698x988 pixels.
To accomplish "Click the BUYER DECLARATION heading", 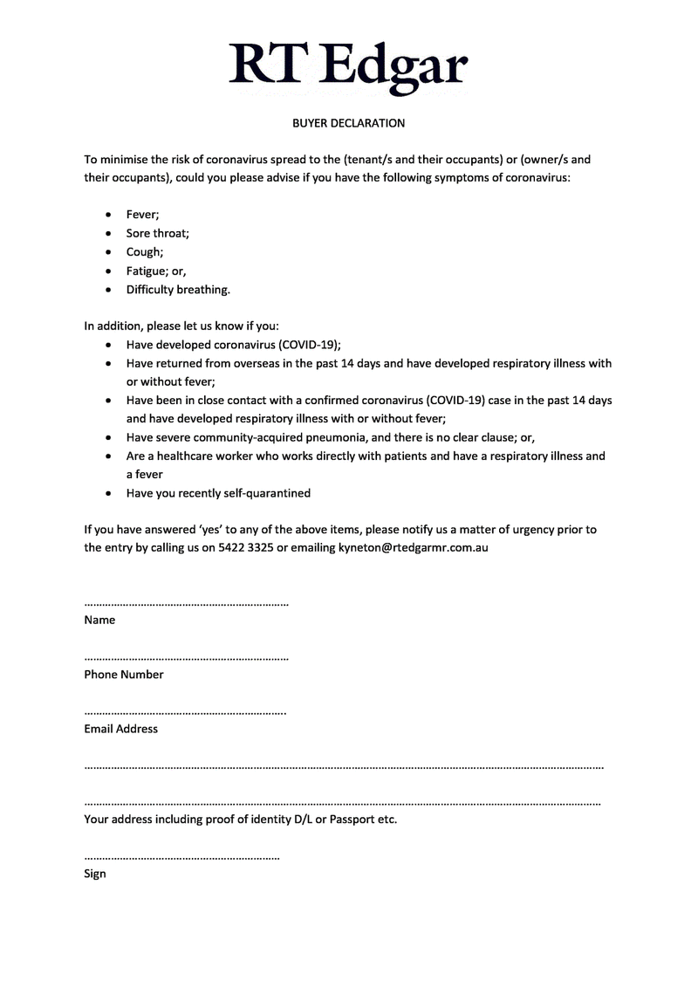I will (348, 123).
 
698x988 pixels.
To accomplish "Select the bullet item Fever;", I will (142, 215).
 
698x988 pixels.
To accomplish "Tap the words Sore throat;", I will (157, 233).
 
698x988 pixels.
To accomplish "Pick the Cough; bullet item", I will (144, 252).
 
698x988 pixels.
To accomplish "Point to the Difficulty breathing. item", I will (178, 289).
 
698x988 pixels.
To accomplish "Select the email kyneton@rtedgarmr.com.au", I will (413, 548).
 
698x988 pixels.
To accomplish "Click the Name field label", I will (99, 621).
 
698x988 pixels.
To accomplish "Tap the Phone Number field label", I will (124, 675).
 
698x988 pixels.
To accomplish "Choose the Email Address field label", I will (121, 729).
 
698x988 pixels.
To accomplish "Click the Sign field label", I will (95, 874).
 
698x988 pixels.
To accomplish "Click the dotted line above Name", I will (186, 604).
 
